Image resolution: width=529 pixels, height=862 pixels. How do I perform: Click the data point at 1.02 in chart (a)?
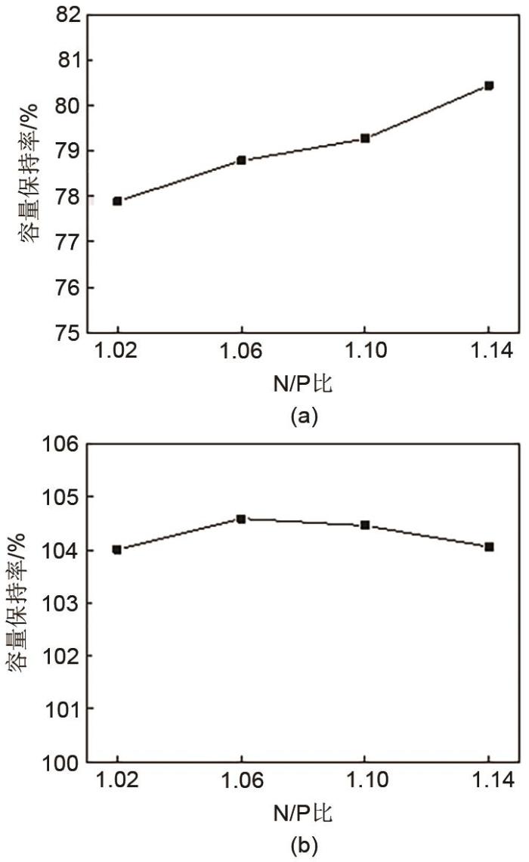click(118, 201)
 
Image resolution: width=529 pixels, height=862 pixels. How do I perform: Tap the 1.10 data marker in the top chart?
click(365, 138)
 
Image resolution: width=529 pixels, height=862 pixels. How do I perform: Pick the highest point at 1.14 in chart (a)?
click(489, 86)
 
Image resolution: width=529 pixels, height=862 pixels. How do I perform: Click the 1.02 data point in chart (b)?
click(118, 550)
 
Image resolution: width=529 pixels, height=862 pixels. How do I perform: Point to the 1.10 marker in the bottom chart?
click(365, 525)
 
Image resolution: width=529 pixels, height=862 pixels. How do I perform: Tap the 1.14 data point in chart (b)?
click(489, 547)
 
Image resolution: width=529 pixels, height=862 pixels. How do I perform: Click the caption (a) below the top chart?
click(299, 415)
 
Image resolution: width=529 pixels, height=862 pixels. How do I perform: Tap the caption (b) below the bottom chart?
click(299, 844)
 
